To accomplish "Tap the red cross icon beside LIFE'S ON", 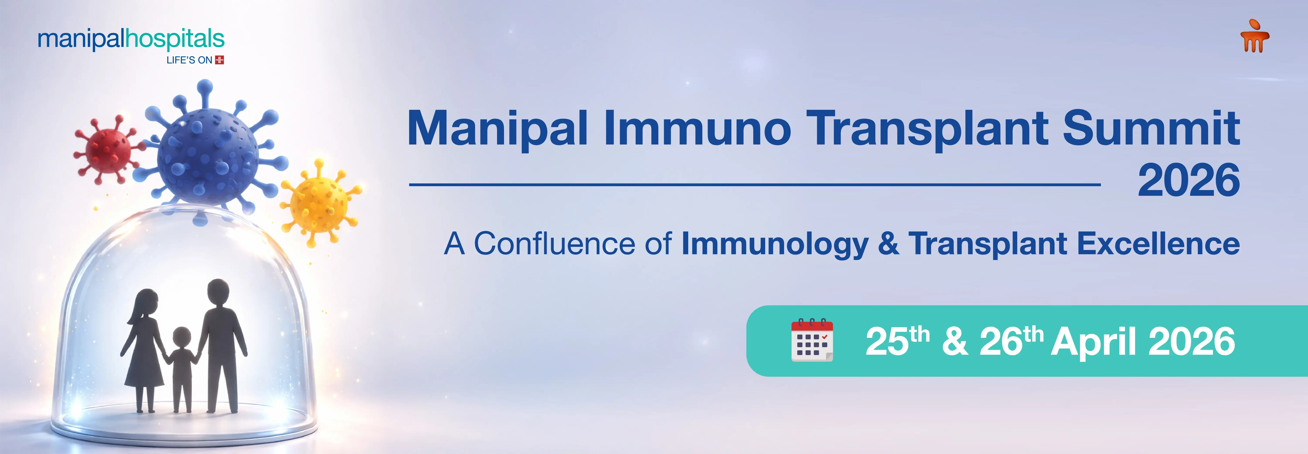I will pyautogui.click(x=219, y=60).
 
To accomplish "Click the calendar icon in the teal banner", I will pyautogui.click(x=812, y=340).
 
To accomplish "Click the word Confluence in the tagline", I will pyautogui.click(x=554, y=244).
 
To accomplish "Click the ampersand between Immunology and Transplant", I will pyautogui.click(x=888, y=244).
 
